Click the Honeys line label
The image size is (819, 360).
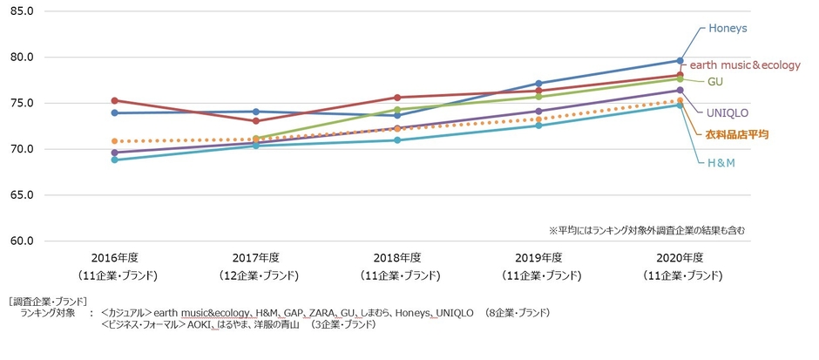[x=728, y=28]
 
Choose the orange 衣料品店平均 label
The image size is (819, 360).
[x=736, y=134]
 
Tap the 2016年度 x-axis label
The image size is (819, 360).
[x=115, y=258]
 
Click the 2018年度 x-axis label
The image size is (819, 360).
[x=397, y=258]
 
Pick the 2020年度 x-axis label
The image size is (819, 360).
[x=680, y=258]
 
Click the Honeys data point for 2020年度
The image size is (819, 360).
[x=680, y=61]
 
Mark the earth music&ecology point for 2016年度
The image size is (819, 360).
[x=115, y=101]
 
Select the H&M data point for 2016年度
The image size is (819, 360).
[x=115, y=160]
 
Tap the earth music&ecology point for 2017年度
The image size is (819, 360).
[x=256, y=121]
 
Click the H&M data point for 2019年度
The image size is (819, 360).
[x=538, y=126]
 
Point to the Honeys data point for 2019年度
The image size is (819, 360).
[x=538, y=84]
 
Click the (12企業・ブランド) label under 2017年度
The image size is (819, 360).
[x=256, y=275]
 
